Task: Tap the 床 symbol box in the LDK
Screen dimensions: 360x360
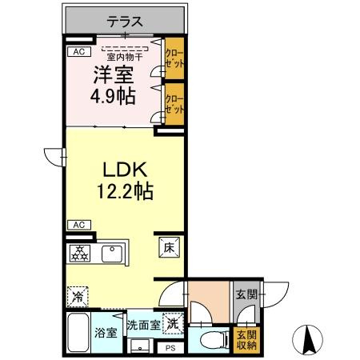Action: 170,248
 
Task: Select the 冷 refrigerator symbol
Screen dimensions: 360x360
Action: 78,296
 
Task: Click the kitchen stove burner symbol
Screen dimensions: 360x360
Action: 82,253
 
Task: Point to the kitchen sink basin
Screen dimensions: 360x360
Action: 110,255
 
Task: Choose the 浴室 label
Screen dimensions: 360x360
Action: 106,333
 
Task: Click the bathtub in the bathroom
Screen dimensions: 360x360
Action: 79,334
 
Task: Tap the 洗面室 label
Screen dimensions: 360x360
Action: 144,326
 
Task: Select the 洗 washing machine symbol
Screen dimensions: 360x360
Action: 170,325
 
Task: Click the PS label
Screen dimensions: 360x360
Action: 170,349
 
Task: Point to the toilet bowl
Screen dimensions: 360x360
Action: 210,339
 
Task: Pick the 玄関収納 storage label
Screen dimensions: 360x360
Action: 245,339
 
